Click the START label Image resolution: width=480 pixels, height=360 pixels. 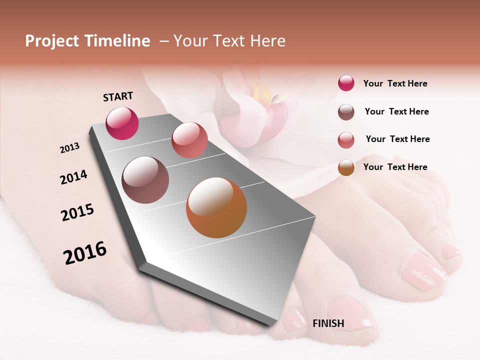[x=118, y=96]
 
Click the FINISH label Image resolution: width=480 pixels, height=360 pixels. [x=328, y=323]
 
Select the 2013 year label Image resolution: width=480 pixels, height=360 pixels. [x=70, y=148]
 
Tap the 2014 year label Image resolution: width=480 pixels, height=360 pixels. [x=73, y=177]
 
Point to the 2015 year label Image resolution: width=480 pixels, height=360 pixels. [x=77, y=212]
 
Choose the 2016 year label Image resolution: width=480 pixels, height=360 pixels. [x=85, y=252]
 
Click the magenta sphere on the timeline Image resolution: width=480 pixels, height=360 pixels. [x=122, y=123]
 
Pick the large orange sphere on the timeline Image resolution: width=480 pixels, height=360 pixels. [x=216, y=207]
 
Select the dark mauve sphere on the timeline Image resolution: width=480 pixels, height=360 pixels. [x=145, y=180]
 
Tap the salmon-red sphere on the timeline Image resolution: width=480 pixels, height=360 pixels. [x=189, y=140]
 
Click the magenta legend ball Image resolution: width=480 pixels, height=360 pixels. [x=346, y=83]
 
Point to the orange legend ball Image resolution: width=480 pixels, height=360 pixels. [x=346, y=167]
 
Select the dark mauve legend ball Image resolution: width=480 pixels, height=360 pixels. [x=346, y=112]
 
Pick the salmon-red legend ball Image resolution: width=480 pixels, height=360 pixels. [x=346, y=140]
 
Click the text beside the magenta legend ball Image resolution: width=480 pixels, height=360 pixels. [x=395, y=83]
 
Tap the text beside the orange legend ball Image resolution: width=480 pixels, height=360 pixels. [x=395, y=167]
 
